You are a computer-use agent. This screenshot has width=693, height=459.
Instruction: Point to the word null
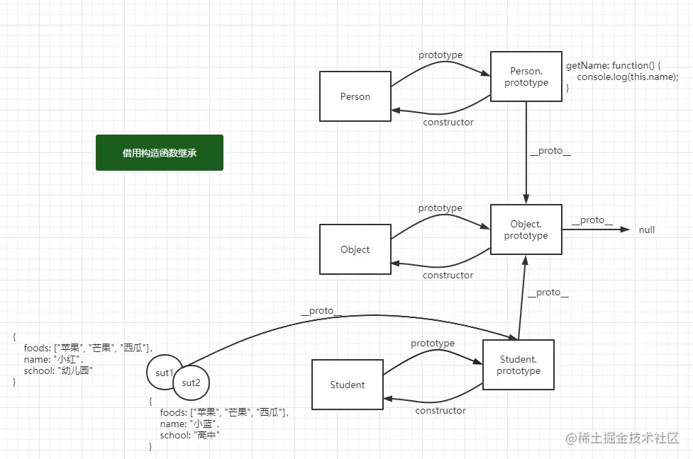point(647,229)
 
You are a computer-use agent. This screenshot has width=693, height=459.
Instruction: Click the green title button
point(160,153)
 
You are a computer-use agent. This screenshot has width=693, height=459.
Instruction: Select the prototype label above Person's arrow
point(440,55)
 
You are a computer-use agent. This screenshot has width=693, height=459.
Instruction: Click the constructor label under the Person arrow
point(448,123)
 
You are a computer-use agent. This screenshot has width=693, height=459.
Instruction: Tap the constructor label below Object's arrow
point(448,276)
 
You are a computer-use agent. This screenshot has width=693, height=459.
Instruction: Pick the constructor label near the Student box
point(440,411)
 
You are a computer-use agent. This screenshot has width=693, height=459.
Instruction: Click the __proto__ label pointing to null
point(592,220)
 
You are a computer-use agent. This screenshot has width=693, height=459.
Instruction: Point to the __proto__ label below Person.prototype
point(550,151)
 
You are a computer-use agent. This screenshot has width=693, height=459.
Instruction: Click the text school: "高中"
point(190,435)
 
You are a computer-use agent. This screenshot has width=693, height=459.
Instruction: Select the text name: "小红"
point(53,359)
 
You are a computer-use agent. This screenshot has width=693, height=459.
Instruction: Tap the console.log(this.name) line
point(628,76)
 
